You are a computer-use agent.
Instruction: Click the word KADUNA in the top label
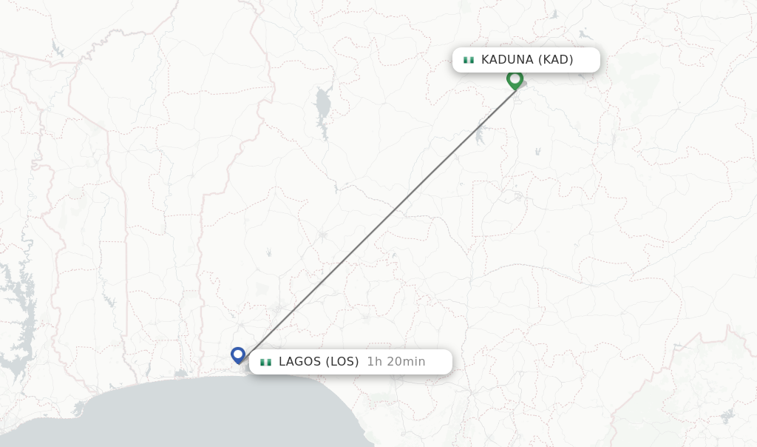(508, 60)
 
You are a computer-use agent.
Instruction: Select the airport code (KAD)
(556, 60)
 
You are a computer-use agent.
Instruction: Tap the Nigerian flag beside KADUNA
(468, 60)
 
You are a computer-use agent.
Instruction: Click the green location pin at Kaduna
(515, 78)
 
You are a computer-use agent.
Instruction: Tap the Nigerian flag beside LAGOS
(265, 362)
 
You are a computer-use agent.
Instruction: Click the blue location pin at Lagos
(237, 354)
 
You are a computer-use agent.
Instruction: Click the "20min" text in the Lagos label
(406, 362)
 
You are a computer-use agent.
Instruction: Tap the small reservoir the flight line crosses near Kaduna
(480, 135)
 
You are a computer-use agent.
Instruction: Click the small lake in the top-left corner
(57, 50)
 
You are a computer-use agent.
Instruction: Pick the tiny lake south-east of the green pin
(537, 151)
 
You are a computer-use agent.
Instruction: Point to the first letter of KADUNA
(486, 60)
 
